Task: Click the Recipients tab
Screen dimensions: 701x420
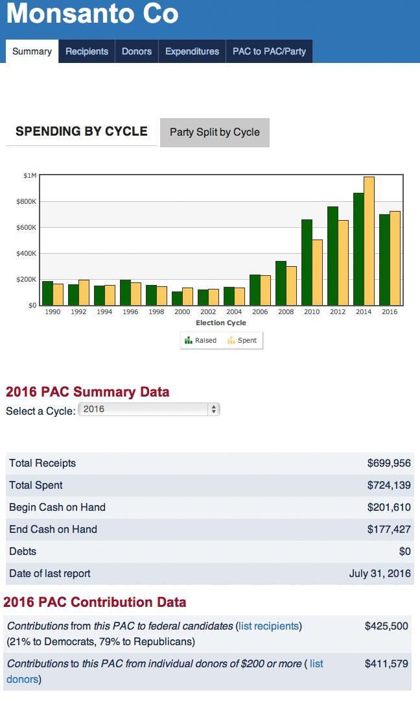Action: [x=87, y=51]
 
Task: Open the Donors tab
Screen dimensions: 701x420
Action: [x=137, y=51]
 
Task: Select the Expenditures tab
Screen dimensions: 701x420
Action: [x=192, y=51]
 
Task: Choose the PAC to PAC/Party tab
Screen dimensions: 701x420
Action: [x=269, y=51]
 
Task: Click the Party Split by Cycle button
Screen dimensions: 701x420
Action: [x=215, y=132]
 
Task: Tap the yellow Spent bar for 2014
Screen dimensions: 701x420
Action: [x=369, y=240]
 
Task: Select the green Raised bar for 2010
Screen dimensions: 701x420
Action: [x=307, y=262]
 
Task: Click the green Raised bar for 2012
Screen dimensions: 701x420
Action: [x=333, y=256]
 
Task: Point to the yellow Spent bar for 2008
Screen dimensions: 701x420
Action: [x=292, y=286]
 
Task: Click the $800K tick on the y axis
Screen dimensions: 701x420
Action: [x=27, y=202]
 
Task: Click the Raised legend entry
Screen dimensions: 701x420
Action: [x=201, y=340]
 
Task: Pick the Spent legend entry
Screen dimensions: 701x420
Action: [x=243, y=340]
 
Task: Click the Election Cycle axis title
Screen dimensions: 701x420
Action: [x=221, y=323]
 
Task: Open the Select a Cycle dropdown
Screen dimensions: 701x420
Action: [x=149, y=410]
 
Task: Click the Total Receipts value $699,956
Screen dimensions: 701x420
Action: [x=389, y=463]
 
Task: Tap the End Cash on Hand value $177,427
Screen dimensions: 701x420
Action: [x=389, y=530]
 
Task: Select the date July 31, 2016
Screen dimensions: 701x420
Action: [x=380, y=574]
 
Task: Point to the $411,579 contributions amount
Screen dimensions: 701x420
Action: [x=386, y=664]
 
